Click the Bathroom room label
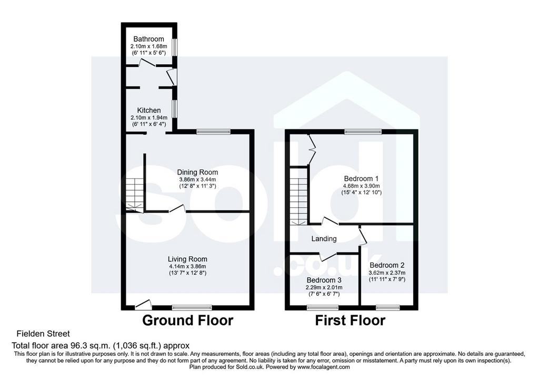pos(148,39)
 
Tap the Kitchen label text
pos(149,110)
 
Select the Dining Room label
pos(197,172)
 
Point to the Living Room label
pos(187,259)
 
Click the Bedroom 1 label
pos(361,179)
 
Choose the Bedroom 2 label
pos(387,265)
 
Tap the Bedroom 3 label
pos(324,280)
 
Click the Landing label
pos(324,239)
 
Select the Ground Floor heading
pos(188,321)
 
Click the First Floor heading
pos(350,321)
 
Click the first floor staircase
pos(298,196)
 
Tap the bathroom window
pos(175,47)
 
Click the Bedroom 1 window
pos(363,131)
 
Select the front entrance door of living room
pos(143,304)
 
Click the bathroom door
pos(147,62)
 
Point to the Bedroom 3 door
pos(327,256)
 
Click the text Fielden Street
pos(43,334)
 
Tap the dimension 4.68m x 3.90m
pos(361,186)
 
